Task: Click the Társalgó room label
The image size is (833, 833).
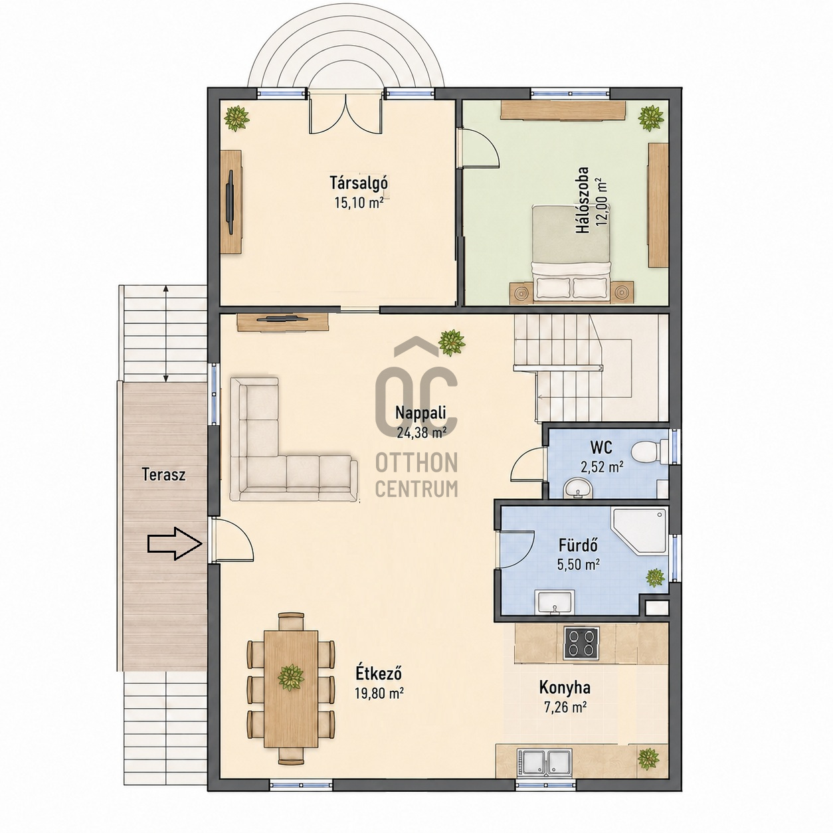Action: (x=359, y=183)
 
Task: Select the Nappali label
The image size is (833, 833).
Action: (x=420, y=413)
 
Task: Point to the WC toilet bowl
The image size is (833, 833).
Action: (x=645, y=452)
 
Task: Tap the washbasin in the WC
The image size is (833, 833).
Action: (x=577, y=488)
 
